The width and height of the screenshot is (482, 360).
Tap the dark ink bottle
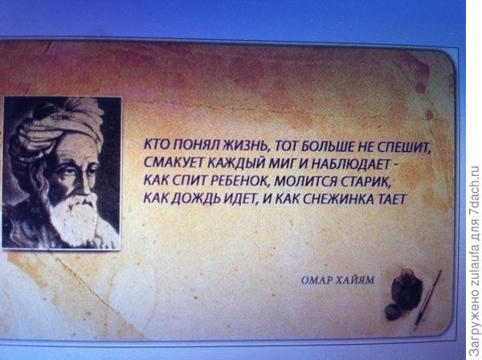pyautogui.click(x=406, y=289)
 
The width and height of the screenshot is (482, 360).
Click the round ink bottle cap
pyautogui.click(x=394, y=312)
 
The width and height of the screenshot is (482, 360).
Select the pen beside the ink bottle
pyautogui.click(x=427, y=299)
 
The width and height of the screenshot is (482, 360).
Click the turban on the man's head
pyautogui.click(x=59, y=126)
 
